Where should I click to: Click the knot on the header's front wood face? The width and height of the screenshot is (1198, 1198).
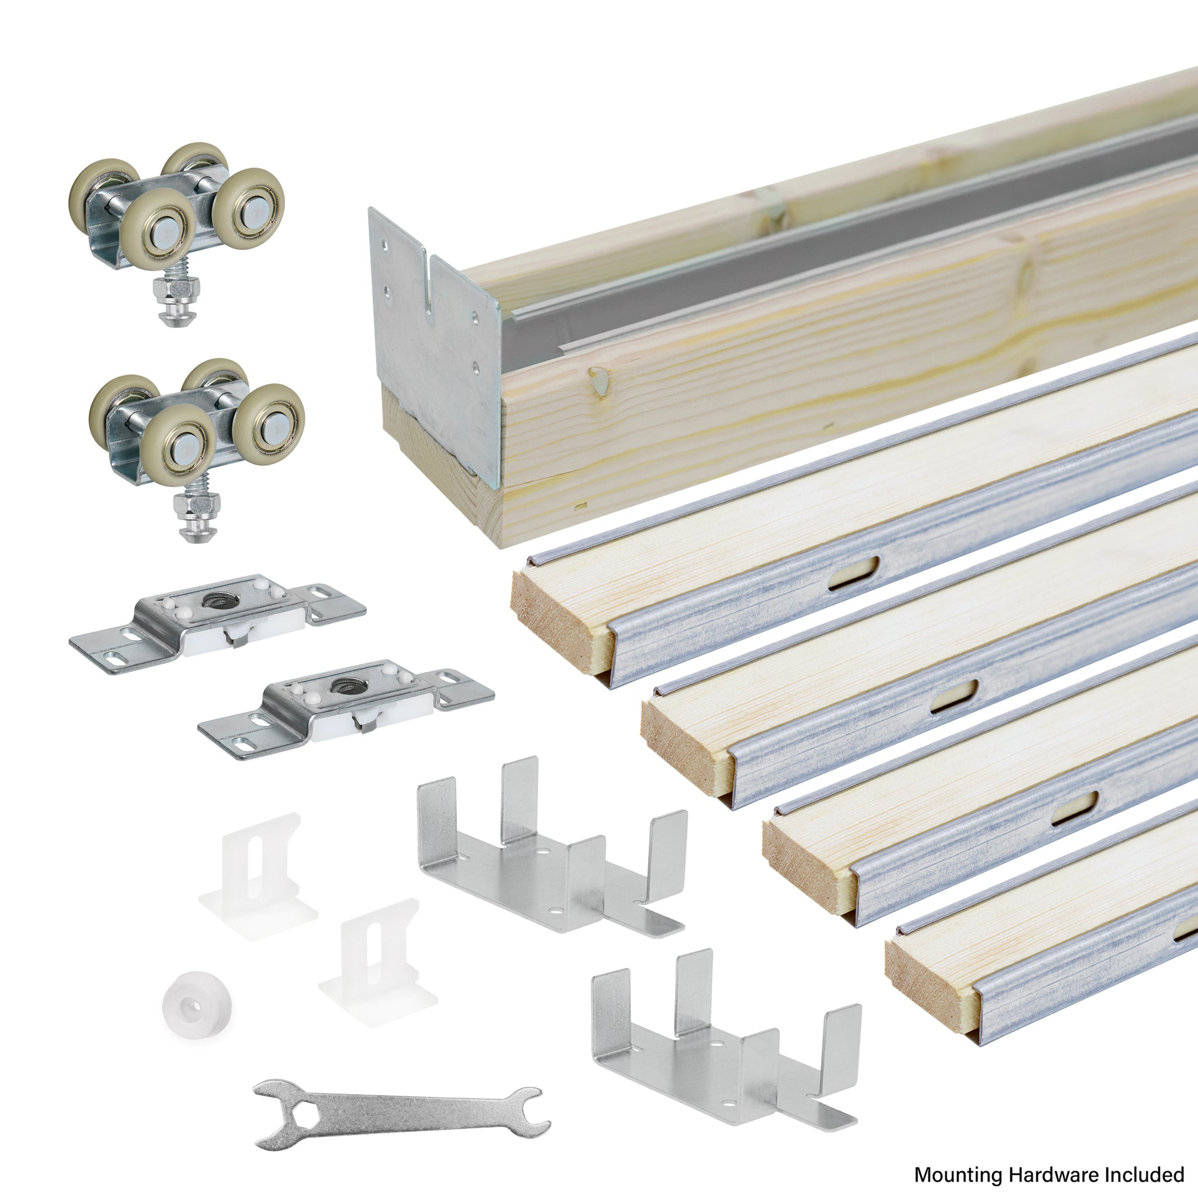click(599, 380)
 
